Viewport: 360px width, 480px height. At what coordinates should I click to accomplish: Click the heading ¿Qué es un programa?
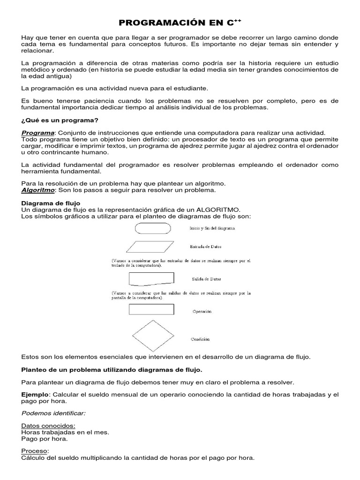(x=60, y=120)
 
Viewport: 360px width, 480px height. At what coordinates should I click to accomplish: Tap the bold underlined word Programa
(x=38, y=133)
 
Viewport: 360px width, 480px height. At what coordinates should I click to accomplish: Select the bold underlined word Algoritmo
(x=38, y=190)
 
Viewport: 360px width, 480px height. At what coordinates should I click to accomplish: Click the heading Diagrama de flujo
(x=51, y=203)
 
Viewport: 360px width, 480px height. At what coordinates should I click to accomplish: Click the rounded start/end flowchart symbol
(x=153, y=228)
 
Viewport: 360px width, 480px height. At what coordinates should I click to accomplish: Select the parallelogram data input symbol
(x=151, y=247)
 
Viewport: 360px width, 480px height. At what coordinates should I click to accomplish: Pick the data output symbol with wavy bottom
(x=151, y=279)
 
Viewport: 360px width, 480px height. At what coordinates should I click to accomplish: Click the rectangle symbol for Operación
(x=151, y=310)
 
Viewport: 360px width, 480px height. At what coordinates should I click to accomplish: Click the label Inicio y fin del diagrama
(x=212, y=228)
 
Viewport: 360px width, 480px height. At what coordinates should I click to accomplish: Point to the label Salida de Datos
(x=206, y=279)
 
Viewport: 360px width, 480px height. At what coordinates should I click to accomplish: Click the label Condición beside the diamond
(x=200, y=339)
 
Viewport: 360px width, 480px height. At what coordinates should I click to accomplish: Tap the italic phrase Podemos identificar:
(x=53, y=413)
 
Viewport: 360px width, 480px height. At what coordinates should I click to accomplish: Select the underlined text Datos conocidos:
(x=48, y=426)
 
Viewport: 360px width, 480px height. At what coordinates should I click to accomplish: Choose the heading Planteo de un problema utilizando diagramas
(x=112, y=369)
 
